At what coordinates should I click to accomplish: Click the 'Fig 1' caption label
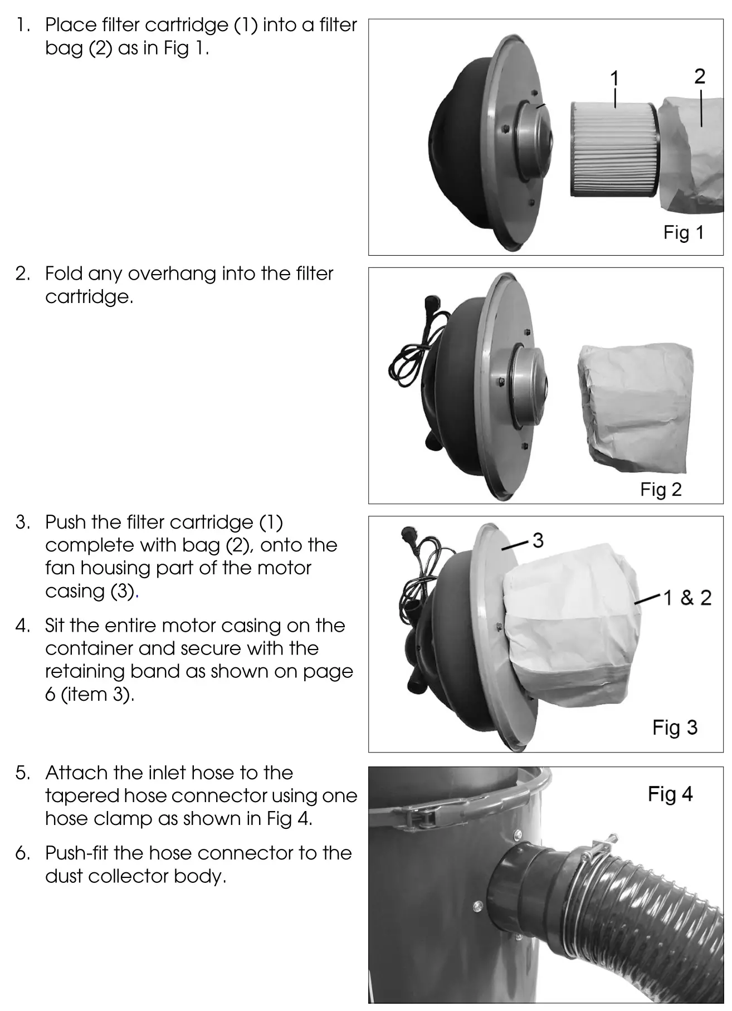(x=683, y=232)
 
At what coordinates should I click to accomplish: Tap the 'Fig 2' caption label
(x=661, y=489)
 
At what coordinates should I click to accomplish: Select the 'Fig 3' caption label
(x=675, y=727)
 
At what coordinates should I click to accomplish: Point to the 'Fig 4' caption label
(x=670, y=794)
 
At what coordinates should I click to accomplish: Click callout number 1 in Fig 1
(x=614, y=78)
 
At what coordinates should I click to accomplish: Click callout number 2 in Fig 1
(x=700, y=76)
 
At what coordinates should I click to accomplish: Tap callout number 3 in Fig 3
(x=538, y=540)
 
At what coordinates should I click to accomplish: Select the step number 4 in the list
(x=22, y=626)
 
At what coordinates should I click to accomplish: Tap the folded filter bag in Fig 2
(x=635, y=407)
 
